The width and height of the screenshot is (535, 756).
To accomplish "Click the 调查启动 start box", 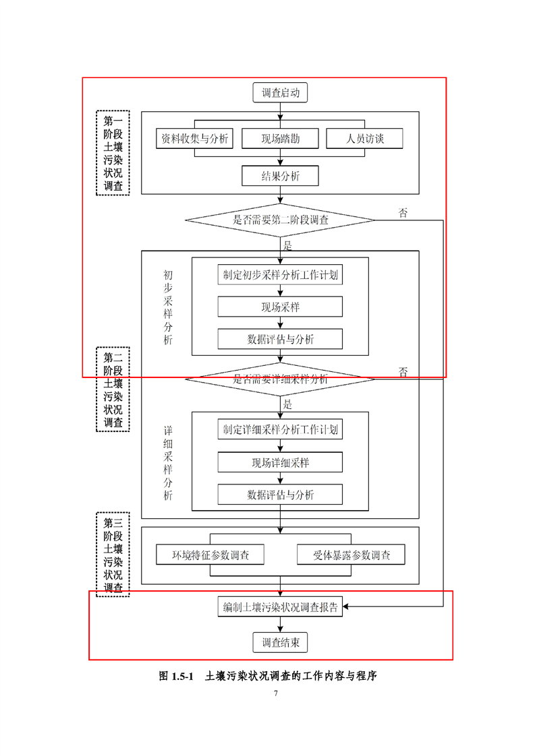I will (281, 93).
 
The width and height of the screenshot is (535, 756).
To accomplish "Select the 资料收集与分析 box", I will (195, 139).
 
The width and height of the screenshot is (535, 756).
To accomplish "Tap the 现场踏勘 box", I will (281, 139).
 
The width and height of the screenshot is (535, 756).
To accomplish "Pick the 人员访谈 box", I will (365, 139).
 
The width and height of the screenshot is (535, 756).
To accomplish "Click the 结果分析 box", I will (281, 176).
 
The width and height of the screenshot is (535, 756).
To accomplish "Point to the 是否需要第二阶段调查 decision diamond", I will (281, 220).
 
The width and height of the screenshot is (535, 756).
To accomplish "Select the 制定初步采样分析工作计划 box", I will (281, 275).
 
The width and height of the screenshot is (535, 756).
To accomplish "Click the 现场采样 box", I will (281, 307).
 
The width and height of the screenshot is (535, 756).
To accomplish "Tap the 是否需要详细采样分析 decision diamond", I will (281, 379).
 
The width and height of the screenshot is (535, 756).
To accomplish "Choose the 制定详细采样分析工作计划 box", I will (281, 429).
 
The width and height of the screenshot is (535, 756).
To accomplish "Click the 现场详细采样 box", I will (281, 462).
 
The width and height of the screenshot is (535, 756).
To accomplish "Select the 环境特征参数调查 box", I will (210, 555).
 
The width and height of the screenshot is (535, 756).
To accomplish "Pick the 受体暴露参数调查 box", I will (351, 555).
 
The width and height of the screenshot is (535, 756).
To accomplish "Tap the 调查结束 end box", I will (281, 643).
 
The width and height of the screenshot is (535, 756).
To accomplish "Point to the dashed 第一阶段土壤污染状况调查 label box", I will (113, 153).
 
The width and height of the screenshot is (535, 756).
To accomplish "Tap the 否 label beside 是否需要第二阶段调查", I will (403, 214).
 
